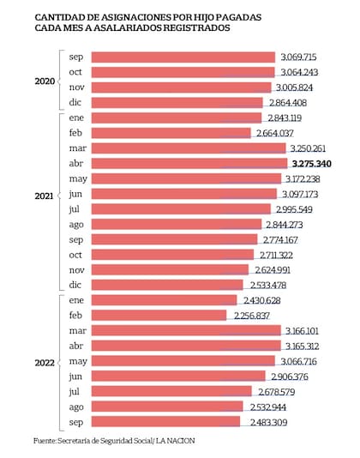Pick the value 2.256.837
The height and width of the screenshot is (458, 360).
pyautogui.click(x=259, y=316)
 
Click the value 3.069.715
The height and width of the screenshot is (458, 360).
pyautogui.click(x=304, y=57)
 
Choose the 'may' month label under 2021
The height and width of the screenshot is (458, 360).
pyautogui.click(x=77, y=178)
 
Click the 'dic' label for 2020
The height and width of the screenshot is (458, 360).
pyautogui.click(x=75, y=102)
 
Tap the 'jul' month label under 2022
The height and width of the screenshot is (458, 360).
pyautogui.click(x=75, y=392)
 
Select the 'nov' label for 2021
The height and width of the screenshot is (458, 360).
pyautogui.click(x=76, y=270)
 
